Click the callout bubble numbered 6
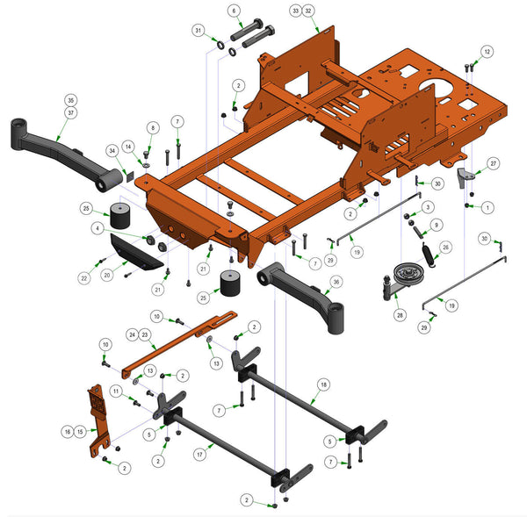[235, 11]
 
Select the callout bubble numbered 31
[199, 31]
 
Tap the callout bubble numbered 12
[487, 52]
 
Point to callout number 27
[494, 163]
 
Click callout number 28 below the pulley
[400, 315]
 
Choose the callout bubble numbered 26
[445, 248]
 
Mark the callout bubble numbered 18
[323, 384]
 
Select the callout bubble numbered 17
[200, 455]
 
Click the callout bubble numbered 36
[336, 282]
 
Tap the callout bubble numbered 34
[112, 151]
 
